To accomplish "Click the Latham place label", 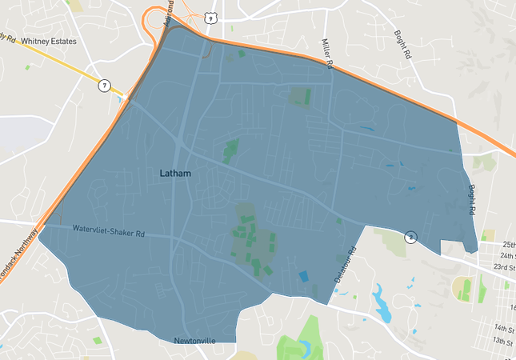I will [175, 172].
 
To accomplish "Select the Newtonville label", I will [195, 341].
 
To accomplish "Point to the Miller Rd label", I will [326, 52].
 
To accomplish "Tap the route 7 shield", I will [104, 85].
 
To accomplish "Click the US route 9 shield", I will [210, 17].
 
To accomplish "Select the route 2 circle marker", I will [410, 236].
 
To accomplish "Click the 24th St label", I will [504, 255].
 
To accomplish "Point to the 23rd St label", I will [504, 267].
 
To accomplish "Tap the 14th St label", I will [504, 329].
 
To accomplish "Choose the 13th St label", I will [504, 342].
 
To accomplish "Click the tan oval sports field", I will [463, 288].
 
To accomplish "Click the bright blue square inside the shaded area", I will [303, 276].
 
